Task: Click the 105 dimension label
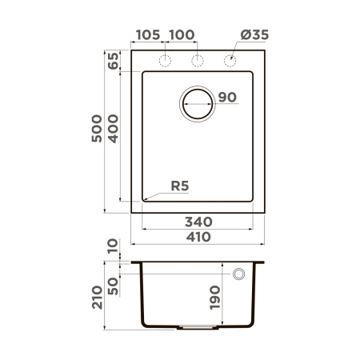pyautogui.click(x=149, y=35)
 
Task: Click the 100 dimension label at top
pyautogui.click(x=182, y=35)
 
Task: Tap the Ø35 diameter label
pyautogui.click(x=254, y=35)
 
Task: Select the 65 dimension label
pyautogui.click(x=113, y=61)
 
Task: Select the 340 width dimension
pyautogui.click(x=198, y=221)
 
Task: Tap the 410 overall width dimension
pyautogui.click(x=198, y=237)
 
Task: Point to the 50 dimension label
pyautogui.click(x=113, y=284)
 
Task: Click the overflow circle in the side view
pyautogui.click(x=238, y=274)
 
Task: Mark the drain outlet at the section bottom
pyautogui.click(x=197, y=327)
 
